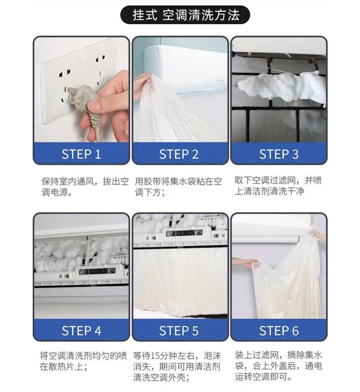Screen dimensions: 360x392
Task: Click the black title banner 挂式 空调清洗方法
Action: (185, 15)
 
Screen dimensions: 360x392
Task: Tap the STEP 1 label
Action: (81, 154)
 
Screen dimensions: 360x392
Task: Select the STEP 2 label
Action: (179, 154)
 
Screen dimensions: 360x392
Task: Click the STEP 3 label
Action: (279, 154)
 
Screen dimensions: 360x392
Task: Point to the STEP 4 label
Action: (81, 330)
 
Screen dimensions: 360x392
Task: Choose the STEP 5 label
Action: (179, 330)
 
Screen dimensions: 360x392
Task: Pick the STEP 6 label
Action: (279, 330)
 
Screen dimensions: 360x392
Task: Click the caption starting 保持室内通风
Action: (85, 187)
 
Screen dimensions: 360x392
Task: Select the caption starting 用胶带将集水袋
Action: (178, 187)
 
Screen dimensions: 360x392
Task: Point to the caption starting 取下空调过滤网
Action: (278, 186)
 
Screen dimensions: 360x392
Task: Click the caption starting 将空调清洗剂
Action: (83, 361)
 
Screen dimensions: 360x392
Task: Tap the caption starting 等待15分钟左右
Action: (177, 366)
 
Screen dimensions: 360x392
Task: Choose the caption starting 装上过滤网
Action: (278, 366)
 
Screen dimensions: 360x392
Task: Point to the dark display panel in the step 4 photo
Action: (97, 271)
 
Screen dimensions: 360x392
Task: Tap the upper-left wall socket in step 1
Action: (65, 73)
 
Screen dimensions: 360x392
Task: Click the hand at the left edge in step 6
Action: (245, 263)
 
